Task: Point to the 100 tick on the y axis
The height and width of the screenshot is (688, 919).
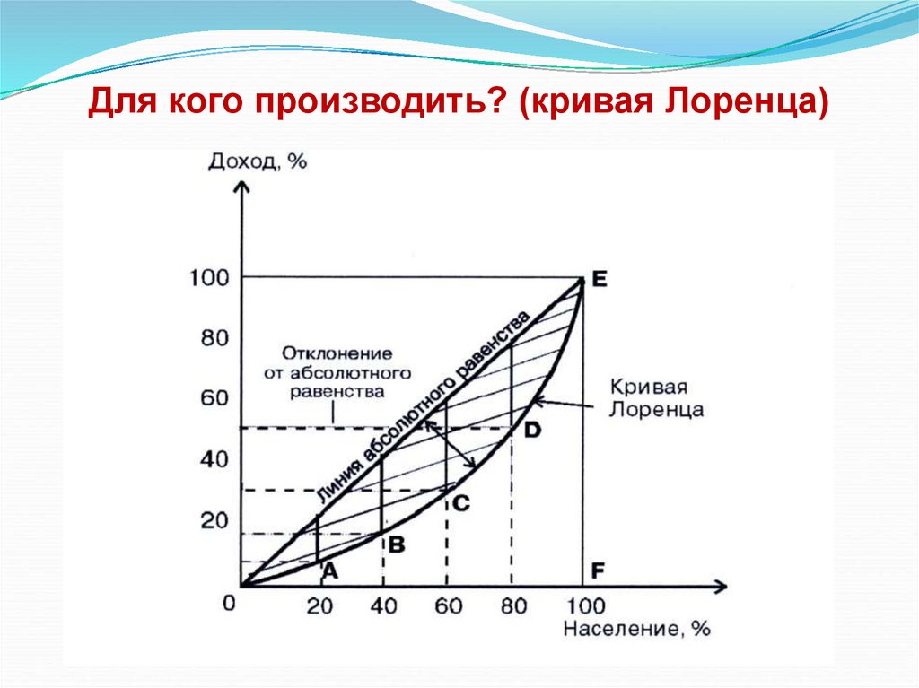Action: point(209,278)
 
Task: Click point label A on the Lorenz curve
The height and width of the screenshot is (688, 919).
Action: point(328,570)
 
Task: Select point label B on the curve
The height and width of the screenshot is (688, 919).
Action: point(395,542)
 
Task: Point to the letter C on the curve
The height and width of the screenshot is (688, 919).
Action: point(459,503)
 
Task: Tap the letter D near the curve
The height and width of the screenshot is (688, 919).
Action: point(532,431)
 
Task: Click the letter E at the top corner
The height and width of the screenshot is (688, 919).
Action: point(599,279)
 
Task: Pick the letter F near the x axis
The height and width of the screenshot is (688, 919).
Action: point(598,570)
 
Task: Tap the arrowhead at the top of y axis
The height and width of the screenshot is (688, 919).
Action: point(241,187)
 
